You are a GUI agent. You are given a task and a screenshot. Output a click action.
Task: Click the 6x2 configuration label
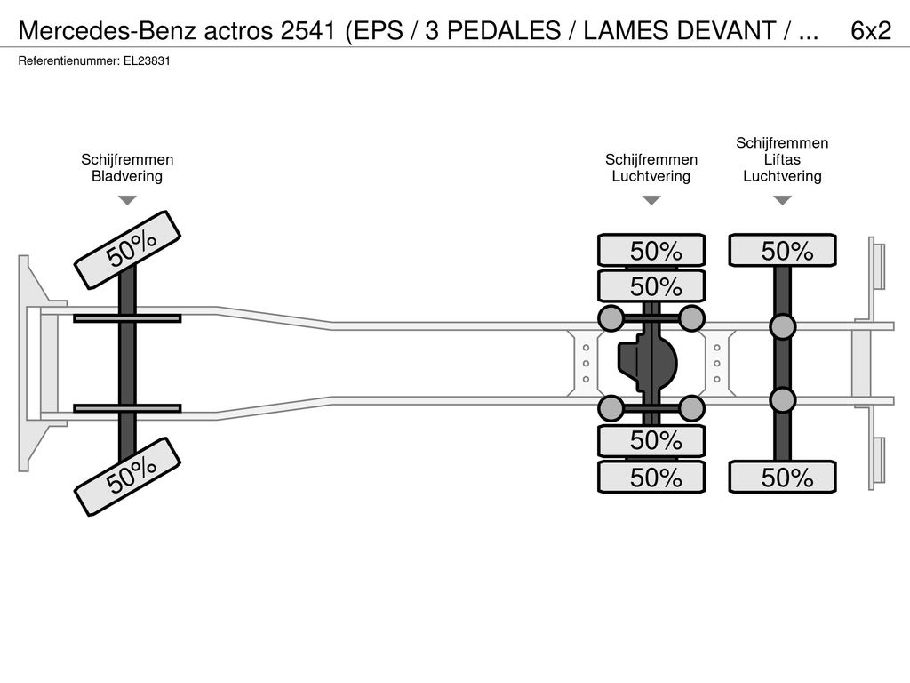[871, 31]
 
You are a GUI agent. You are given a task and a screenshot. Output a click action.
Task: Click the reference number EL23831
[147, 61]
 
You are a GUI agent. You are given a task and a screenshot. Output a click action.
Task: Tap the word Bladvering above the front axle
[127, 176]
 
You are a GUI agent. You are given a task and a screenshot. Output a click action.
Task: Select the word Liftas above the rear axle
[782, 159]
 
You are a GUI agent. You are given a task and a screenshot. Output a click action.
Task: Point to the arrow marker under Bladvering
[127, 200]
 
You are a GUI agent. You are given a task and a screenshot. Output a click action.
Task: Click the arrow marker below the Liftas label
[782, 200]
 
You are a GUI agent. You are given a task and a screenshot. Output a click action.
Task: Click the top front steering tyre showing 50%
[127, 250]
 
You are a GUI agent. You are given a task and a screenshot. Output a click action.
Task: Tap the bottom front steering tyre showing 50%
[127, 477]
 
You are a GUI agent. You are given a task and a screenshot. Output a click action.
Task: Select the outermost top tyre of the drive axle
[651, 250]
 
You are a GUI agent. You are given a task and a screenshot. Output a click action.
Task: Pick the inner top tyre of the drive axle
[651, 285]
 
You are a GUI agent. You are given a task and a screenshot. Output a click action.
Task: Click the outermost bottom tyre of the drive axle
[651, 478]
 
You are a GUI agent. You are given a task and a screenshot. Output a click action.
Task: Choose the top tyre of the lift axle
[782, 250]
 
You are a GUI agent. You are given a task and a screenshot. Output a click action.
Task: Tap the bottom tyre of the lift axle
[782, 478]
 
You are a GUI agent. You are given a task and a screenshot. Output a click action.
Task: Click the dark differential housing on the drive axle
[648, 364]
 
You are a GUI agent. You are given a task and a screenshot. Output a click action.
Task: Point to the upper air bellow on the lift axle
[782, 327]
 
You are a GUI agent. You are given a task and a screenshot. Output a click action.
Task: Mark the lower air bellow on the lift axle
[782, 400]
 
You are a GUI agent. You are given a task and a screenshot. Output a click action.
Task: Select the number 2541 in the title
[307, 31]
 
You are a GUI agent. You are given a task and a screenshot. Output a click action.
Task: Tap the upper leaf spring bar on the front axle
[127, 318]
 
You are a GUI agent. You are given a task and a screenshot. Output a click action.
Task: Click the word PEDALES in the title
[505, 31]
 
